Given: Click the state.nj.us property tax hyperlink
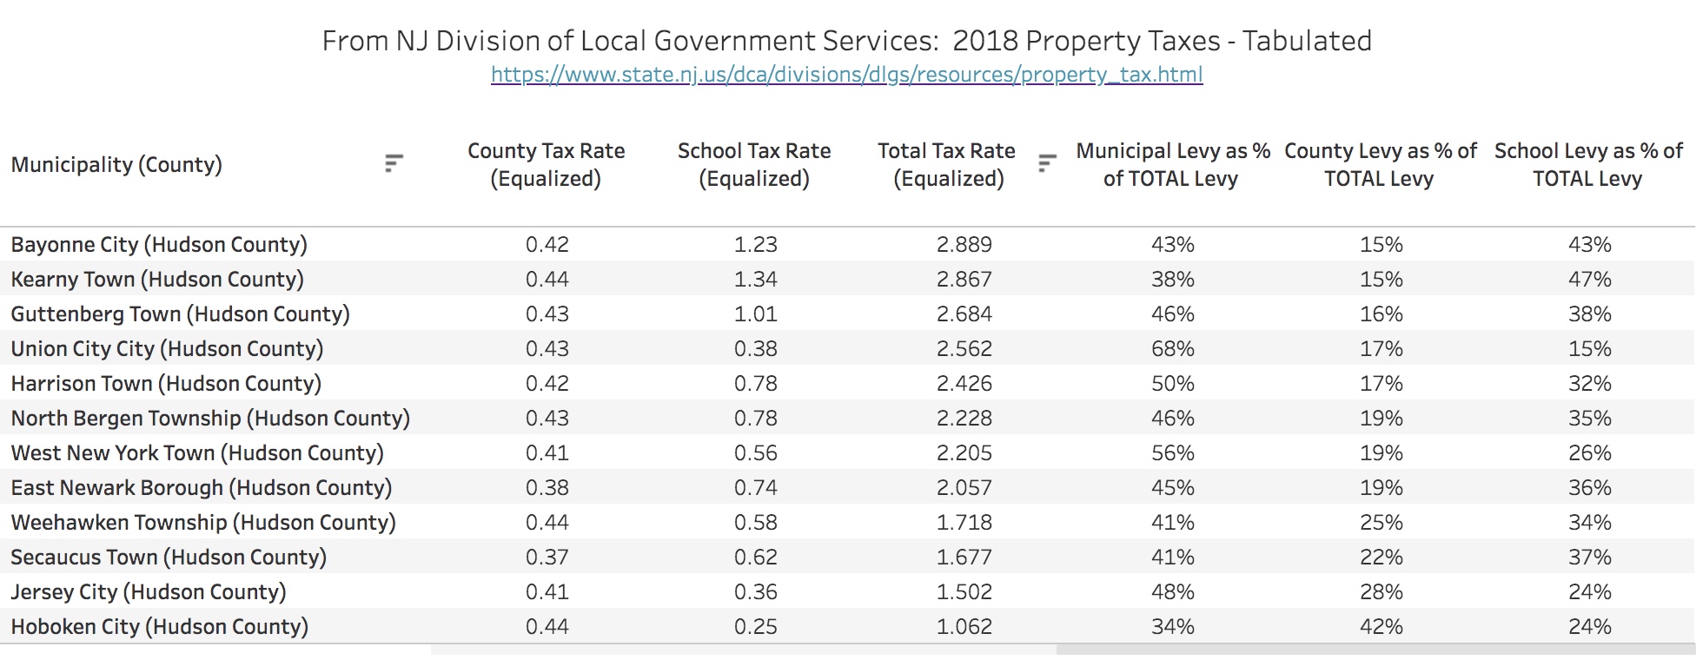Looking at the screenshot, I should [x=846, y=75].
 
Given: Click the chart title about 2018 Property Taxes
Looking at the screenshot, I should [x=846, y=41].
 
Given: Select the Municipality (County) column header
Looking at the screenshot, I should [x=116, y=164].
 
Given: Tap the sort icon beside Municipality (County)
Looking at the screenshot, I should [x=394, y=163].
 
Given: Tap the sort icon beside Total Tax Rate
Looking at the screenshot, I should [x=1047, y=163].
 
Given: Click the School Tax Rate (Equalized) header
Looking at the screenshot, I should [x=754, y=164].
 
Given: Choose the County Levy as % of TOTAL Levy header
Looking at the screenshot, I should [x=1380, y=164].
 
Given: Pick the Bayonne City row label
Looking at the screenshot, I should [x=159, y=244].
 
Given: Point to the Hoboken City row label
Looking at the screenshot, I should [x=159, y=626].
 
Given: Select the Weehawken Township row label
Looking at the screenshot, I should [x=202, y=522].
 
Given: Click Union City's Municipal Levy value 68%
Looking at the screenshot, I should [x=1172, y=348].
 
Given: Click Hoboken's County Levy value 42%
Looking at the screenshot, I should [x=1381, y=626].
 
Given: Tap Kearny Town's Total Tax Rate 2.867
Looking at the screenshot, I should [x=964, y=279].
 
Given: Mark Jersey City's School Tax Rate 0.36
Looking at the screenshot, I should [x=755, y=591].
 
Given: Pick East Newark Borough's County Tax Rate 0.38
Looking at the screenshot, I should [x=547, y=487].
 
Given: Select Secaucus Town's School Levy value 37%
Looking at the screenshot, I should [x=1589, y=557].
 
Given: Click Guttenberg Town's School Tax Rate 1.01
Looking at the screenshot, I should [x=755, y=313].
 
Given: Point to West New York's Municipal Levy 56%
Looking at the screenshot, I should [x=1172, y=452].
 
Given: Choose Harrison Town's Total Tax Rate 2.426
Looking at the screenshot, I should [x=964, y=383].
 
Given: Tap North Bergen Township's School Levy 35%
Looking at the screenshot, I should [x=1589, y=418].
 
